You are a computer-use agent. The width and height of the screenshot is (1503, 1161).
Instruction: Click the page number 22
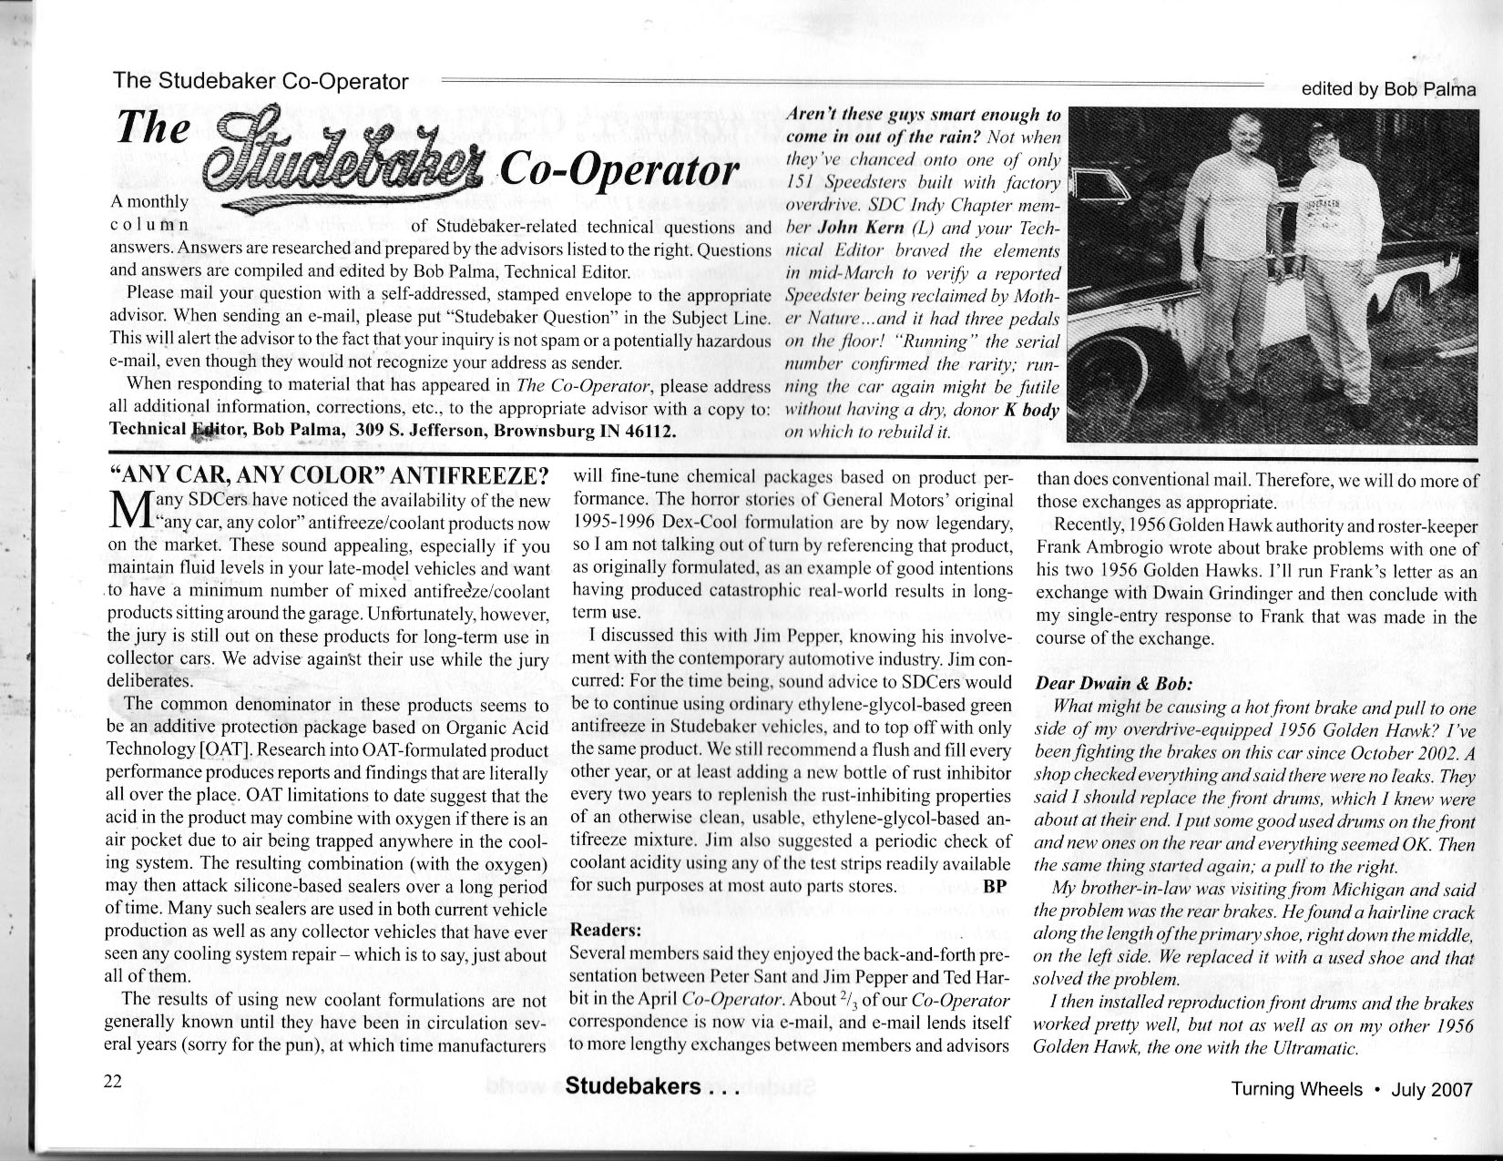[x=113, y=1081]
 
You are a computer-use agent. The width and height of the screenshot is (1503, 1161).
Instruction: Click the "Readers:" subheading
[x=605, y=930]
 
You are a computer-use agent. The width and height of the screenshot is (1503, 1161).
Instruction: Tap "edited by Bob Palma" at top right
[x=1388, y=89]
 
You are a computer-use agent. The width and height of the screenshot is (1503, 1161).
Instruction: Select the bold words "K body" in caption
[x=1032, y=411]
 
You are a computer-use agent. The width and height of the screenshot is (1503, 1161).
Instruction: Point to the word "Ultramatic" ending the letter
[x=1317, y=1048]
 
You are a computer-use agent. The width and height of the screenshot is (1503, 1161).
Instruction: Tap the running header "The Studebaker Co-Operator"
[x=261, y=81]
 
